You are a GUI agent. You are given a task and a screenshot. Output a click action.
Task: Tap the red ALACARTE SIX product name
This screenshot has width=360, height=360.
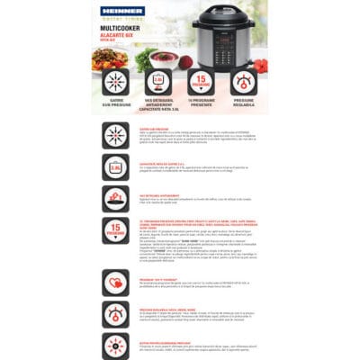click(119, 37)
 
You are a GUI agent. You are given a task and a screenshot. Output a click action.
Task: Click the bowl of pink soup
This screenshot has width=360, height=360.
click(165, 57)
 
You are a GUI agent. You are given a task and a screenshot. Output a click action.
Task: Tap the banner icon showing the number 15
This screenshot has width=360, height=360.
click(201, 82)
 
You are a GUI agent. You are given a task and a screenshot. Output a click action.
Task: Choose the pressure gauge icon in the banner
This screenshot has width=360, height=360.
click(244, 82)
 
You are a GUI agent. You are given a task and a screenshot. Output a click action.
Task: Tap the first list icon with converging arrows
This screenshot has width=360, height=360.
click(115, 136)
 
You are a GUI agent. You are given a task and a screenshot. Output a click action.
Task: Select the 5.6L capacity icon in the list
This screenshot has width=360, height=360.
click(115, 167)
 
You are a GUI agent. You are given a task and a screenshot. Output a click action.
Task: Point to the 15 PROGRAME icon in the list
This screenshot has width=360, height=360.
click(115, 228)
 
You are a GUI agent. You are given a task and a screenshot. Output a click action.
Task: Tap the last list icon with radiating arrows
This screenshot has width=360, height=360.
click(115, 346)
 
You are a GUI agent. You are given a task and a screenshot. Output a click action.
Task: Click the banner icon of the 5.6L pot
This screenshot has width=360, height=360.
click(158, 82)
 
